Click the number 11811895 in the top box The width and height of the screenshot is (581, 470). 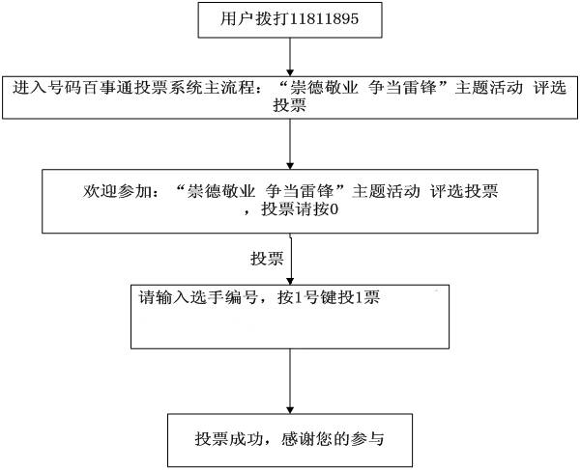tap(324, 18)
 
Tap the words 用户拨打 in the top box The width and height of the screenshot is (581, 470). tap(254, 18)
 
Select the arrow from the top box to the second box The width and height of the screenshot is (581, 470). tap(290, 57)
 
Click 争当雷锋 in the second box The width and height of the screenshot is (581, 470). tap(402, 88)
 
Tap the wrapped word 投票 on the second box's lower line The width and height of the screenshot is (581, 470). tap(290, 105)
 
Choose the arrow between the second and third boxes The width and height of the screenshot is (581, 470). tap(290, 144)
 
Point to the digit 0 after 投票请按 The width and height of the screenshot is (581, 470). tap(334, 209)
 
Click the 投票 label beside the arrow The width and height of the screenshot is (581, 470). tap(267, 258)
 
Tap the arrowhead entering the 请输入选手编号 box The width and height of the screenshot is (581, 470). tap(290, 281)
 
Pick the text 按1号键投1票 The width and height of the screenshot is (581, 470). tap(329, 297)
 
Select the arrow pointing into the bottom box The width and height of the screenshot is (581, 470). tap(290, 381)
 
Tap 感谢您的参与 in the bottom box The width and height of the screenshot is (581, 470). tap(333, 439)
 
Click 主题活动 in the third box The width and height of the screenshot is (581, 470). tap(386, 191)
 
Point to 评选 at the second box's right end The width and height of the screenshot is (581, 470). tap(550, 88)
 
